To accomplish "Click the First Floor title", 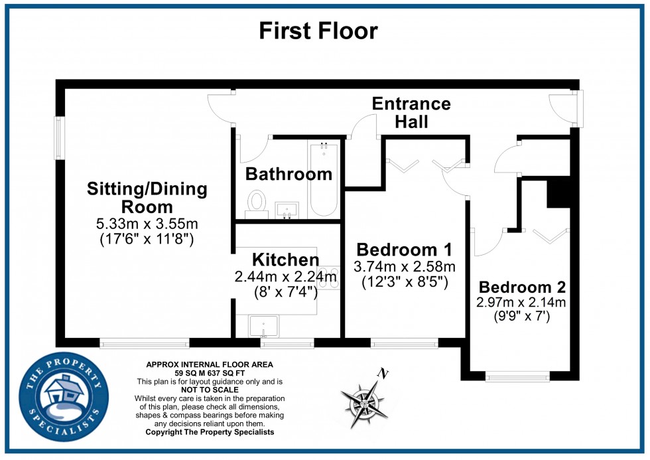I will [318, 31].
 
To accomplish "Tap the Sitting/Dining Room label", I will [147, 198].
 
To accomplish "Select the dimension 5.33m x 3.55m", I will [147, 223].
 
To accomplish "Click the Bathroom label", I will [289, 174].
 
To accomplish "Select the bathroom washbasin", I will [287, 210].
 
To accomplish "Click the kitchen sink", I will [263, 327].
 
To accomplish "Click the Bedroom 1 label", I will [404, 250].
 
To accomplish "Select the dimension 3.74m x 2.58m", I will [404, 267].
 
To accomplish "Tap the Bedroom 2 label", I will [522, 287].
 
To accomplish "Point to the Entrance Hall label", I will [411, 112].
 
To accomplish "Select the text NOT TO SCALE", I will [209, 390].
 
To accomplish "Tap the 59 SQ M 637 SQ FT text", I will [209, 374].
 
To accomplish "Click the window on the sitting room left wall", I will [59, 138].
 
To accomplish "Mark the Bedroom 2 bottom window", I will [517, 376].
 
